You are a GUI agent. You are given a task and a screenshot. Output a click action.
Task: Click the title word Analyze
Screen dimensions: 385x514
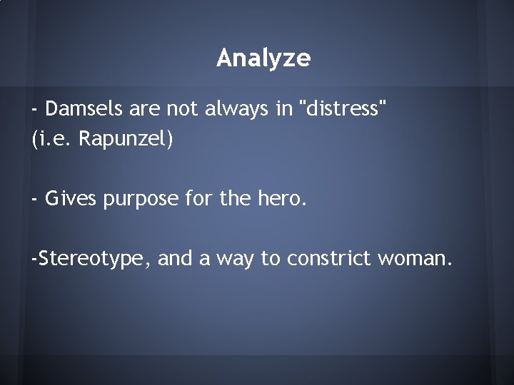point(263,58)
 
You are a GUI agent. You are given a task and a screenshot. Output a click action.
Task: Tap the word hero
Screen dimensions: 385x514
point(283,200)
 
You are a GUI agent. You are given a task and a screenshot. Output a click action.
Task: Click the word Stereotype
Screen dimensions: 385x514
point(93,259)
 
